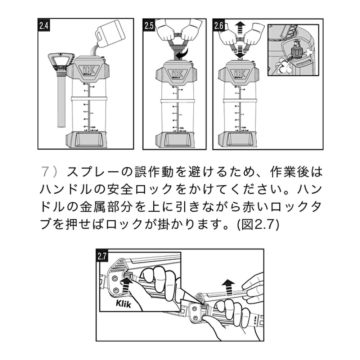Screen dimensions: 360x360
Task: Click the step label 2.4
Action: click(44, 26)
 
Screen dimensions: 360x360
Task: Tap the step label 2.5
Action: click(149, 26)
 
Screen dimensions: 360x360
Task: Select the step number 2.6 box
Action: click(219, 26)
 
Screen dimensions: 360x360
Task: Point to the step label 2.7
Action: click(102, 256)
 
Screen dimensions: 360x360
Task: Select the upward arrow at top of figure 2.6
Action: click(239, 28)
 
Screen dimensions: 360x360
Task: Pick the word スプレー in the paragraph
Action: click(89, 172)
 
